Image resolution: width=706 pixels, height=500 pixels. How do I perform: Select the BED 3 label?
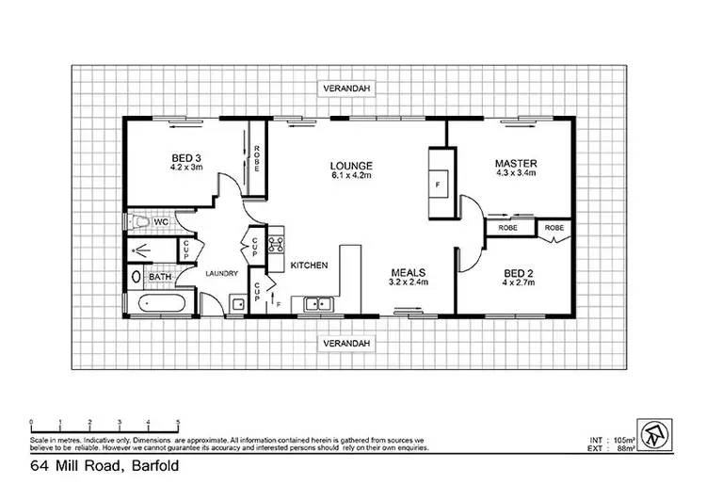click(x=185, y=157)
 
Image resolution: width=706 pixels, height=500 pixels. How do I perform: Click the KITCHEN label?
click(x=309, y=266)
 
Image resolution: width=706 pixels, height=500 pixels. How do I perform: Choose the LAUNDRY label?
click(x=221, y=274)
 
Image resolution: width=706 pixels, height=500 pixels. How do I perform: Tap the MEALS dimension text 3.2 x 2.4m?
click(x=409, y=282)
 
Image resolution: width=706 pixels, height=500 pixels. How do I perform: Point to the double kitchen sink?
click(x=316, y=303)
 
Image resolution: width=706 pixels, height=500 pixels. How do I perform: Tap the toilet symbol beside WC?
click(x=138, y=222)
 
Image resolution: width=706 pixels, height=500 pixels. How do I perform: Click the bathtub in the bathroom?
click(x=162, y=304)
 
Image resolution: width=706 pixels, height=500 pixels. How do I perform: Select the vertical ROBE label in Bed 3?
click(x=255, y=156)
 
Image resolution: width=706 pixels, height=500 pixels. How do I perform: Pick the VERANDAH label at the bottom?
click(x=341, y=342)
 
